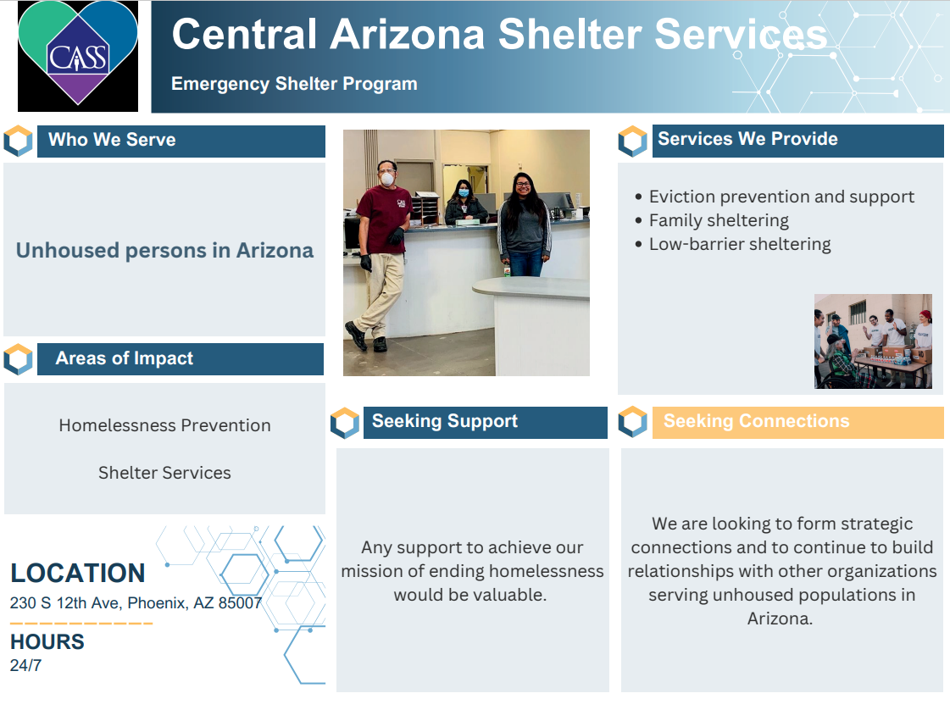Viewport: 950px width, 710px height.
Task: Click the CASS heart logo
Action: [x=78, y=55]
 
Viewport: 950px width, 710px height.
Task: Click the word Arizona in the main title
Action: [x=407, y=34]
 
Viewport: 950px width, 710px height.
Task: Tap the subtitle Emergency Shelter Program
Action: [x=294, y=84]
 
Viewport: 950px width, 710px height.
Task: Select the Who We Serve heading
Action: [x=112, y=140]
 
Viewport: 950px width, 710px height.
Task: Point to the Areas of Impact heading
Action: [x=124, y=358]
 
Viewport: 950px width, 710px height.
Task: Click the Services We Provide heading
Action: [x=747, y=139]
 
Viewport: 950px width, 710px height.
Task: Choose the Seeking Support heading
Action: [x=444, y=421]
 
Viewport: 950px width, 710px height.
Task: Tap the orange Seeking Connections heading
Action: [x=756, y=421]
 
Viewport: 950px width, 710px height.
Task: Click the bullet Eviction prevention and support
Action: [x=781, y=197]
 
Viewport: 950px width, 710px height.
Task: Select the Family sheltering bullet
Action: [x=719, y=220]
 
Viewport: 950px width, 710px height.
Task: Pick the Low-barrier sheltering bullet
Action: [x=740, y=244]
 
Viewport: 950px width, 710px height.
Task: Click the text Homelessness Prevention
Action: [x=164, y=425]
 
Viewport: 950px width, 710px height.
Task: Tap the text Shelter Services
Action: [x=164, y=473]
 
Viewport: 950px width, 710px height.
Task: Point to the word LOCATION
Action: [x=78, y=573]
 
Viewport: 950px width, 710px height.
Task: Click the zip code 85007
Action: [x=241, y=604]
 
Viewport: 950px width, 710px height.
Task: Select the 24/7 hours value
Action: [x=25, y=665]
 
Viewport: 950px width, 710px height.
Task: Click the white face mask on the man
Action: [x=387, y=179]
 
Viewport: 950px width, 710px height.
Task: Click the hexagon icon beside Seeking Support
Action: [x=345, y=423]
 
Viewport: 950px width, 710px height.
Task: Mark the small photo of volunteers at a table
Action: [x=873, y=341]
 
